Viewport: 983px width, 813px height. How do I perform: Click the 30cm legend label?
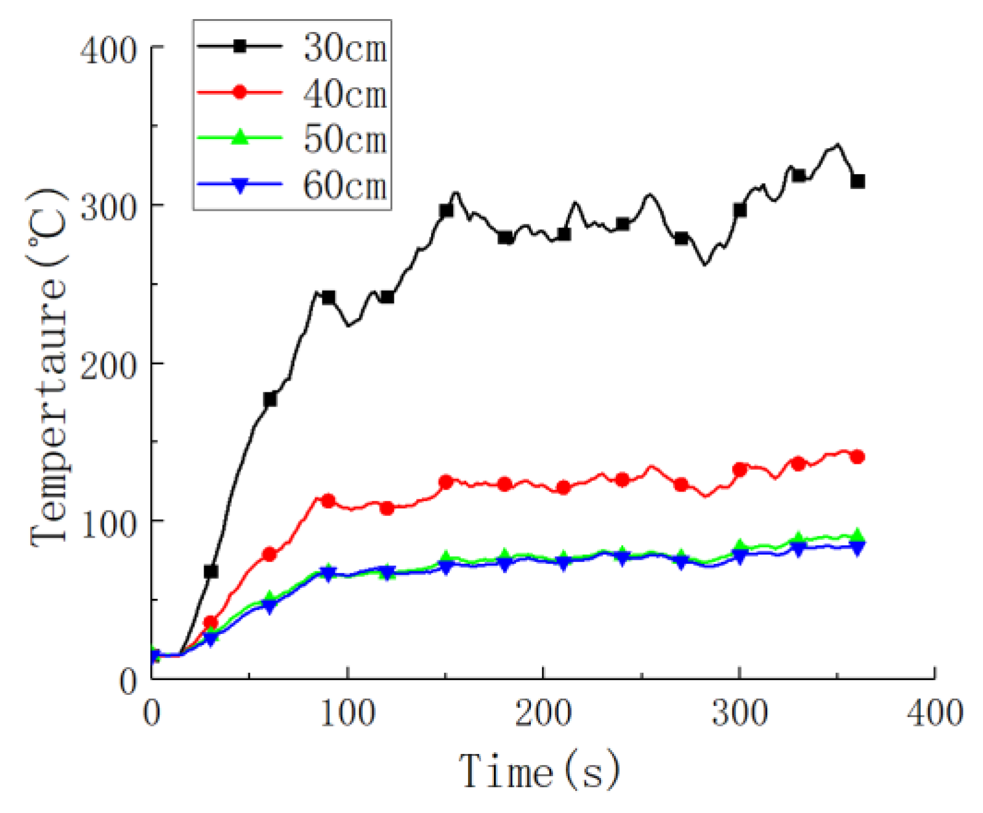coord(345,47)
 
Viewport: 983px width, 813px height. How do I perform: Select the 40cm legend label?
coord(345,94)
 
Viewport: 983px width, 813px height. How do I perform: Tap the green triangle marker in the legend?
coord(240,137)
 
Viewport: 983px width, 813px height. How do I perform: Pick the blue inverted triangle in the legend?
coord(240,184)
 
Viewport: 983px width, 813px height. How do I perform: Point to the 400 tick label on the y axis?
coord(108,49)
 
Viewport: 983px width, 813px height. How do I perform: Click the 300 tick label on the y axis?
coord(108,207)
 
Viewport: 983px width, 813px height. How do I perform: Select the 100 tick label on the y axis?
coord(108,523)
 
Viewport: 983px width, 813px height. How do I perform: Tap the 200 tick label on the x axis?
coord(543,713)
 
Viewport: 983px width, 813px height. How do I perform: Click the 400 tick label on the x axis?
coord(934,713)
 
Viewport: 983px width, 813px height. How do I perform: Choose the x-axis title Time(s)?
coord(539,771)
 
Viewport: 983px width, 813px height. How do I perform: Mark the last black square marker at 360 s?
coord(858,181)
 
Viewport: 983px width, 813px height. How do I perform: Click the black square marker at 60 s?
coord(269,400)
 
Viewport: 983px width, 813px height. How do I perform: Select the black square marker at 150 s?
coord(446,211)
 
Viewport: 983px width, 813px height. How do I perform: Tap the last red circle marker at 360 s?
coord(858,456)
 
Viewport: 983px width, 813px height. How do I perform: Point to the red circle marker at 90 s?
coord(328,501)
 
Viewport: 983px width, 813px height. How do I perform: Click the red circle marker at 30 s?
coord(210,623)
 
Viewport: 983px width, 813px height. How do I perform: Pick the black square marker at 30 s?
coord(210,572)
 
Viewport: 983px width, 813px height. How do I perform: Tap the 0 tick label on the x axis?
coord(152,713)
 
